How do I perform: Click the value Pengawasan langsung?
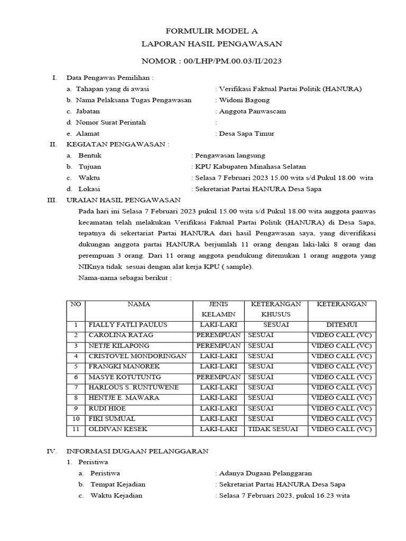pos(229,155)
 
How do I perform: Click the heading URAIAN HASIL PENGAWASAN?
pos(123,200)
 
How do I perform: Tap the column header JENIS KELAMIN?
pos(217,309)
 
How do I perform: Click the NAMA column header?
pos(139,304)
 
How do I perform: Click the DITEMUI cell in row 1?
pos(341,324)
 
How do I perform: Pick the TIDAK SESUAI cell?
pos(273,429)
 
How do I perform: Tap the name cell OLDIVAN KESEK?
pos(118,429)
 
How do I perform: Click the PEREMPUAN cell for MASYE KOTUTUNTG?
pos(217,377)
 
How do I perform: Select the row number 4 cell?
pos(76,356)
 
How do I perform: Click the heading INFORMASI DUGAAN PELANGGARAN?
pos(137,451)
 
